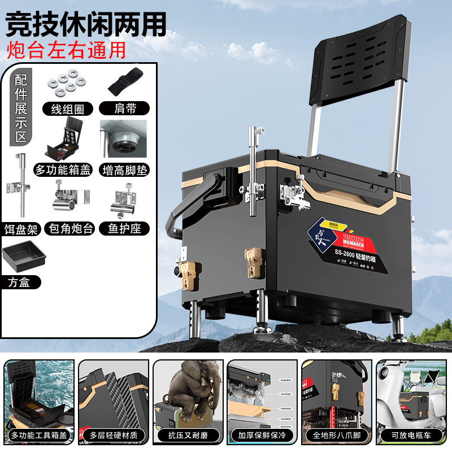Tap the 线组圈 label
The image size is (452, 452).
coord(68,109)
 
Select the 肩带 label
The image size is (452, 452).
coord(124,108)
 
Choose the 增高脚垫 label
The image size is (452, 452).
coord(125,168)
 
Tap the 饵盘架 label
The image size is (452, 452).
coord(21,228)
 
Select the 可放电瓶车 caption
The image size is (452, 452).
coord(411,436)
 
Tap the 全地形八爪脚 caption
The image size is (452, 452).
coord(337,436)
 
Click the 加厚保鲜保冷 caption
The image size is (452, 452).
coord(262,436)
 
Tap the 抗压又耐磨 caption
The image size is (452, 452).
coord(188,436)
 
